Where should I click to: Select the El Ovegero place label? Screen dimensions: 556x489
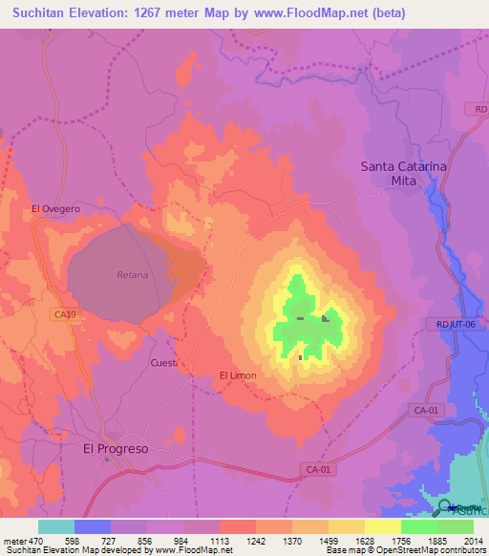click(x=55, y=208)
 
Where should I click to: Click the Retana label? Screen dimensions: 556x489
click(x=132, y=275)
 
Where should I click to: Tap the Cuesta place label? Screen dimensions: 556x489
click(x=164, y=363)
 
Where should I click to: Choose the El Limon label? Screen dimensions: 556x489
click(x=238, y=375)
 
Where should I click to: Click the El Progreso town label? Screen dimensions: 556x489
click(x=116, y=448)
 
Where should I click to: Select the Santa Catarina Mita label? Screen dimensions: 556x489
click(x=403, y=173)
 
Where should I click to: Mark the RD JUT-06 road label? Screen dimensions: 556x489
click(x=461, y=324)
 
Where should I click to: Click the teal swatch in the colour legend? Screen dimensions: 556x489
click(x=56, y=526)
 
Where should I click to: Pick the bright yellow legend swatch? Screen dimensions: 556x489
click(x=382, y=526)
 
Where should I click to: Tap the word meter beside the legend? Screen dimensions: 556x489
click(x=14, y=540)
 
